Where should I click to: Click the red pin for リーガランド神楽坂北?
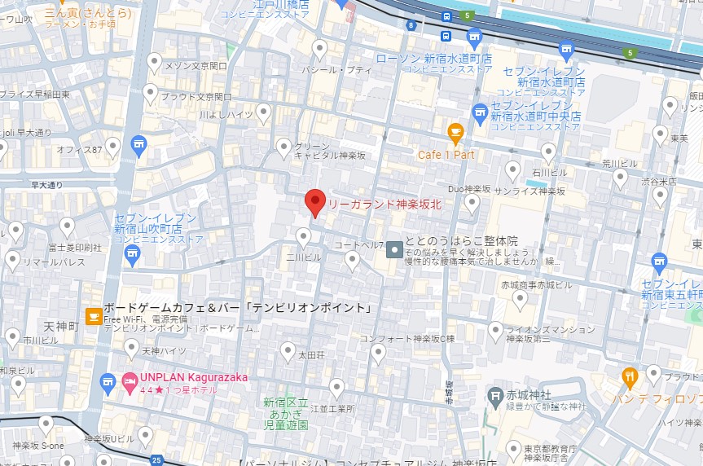pyautogui.click(x=315, y=201)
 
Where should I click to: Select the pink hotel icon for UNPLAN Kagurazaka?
pyautogui.click(x=130, y=380)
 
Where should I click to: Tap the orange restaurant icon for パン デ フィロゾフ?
pyautogui.click(x=629, y=377)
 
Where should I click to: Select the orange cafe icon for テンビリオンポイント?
pyautogui.click(x=94, y=314)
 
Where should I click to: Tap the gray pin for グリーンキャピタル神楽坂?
pyautogui.click(x=283, y=147)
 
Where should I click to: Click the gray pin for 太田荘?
pyautogui.click(x=288, y=351)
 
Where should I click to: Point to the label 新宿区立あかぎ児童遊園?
pyautogui.click(x=285, y=413)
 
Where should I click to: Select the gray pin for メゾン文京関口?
pyautogui.click(x=155, y=61)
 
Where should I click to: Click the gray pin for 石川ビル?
pyautogui.click(x=549, y=152)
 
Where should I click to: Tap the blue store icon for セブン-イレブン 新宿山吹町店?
pyautogui.click(x=132, y=255)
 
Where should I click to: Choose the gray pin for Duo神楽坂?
pyautogui.click(x=472, y=204)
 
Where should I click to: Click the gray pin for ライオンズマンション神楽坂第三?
pyautogui.click(x=495, y=330)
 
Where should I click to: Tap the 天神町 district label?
pyautogui.click(x=61, y=326)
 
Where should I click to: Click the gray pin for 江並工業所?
pyautogui.click(x=336, y=388)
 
